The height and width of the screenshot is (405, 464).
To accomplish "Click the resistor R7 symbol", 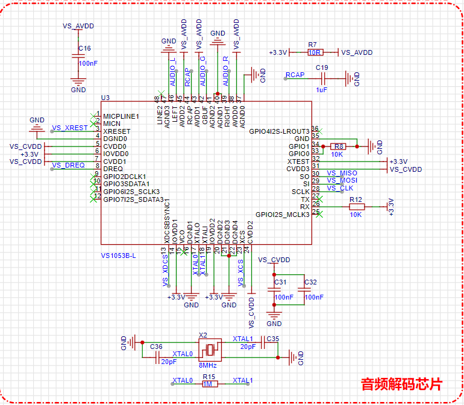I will point(313,52).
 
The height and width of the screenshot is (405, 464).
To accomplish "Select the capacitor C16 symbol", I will point(78,56).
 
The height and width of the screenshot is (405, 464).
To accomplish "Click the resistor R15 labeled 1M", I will point(208,384).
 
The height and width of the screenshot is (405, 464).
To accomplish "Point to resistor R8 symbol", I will point(339,146).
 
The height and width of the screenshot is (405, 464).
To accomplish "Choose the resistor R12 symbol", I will point(356,207).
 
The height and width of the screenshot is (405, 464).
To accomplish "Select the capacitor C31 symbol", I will point(275,289).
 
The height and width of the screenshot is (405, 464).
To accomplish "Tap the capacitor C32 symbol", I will point(304,289).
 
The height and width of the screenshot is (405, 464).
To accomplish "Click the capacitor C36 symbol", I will point(156,354).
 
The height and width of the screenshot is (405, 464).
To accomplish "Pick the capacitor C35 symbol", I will point(263,339).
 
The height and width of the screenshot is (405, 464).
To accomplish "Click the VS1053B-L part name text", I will point(119,256).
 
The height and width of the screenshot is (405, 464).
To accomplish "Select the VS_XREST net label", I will point(69,128).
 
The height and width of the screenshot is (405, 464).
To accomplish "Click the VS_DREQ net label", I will point(68,165).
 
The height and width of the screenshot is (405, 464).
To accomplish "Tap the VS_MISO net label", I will point(342,173).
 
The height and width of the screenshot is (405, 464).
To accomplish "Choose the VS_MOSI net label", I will point(342,180).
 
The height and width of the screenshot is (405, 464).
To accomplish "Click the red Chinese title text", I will point(401,383).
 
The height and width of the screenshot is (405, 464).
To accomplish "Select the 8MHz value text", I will point(208,365).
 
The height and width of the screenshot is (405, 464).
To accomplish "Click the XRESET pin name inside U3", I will point(117,131).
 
